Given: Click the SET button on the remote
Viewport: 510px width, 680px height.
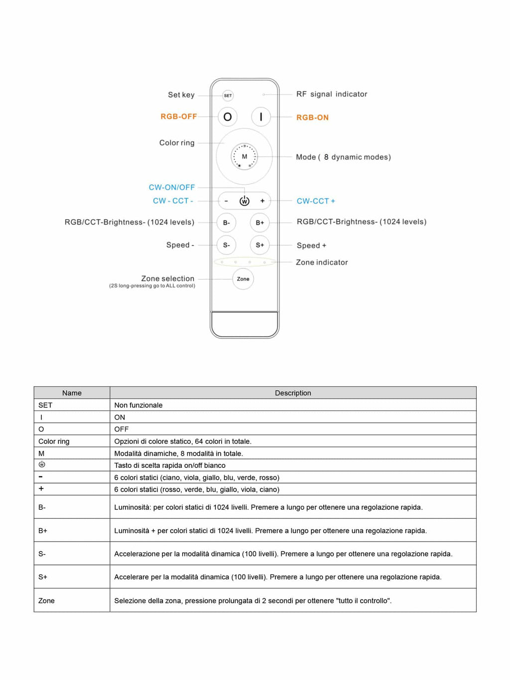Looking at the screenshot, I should point(228,96).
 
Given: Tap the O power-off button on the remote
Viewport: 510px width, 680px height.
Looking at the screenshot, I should point(228,117).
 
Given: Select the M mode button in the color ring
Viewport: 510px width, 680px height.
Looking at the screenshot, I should point(244,156).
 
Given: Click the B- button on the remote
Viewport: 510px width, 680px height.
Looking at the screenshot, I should point(226,223).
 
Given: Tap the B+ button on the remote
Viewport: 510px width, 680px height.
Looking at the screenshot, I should point(259,223).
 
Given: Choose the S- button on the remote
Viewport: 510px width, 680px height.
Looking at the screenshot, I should point(226,245).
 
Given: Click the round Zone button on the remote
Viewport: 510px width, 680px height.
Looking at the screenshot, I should point(243,279).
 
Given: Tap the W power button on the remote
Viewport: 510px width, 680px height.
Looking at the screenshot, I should point(244,201).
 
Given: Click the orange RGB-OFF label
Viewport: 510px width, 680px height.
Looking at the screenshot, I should point(178,117).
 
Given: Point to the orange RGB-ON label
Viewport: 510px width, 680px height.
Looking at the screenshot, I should point(312,118).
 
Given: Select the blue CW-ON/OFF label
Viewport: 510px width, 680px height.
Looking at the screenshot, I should point(171,187).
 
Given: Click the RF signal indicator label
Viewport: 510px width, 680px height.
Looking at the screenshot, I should point(332,94).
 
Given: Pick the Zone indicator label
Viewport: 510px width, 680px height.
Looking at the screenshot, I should point(322,263).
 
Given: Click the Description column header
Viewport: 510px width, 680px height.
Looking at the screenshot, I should point(293,393).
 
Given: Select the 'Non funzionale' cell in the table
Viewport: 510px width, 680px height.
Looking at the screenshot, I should point(138,405).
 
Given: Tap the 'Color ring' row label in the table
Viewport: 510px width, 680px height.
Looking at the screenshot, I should point(54,441).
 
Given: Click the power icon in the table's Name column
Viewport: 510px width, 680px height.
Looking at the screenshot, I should point(42,464).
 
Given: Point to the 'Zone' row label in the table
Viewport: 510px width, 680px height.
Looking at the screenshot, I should point(46,601).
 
